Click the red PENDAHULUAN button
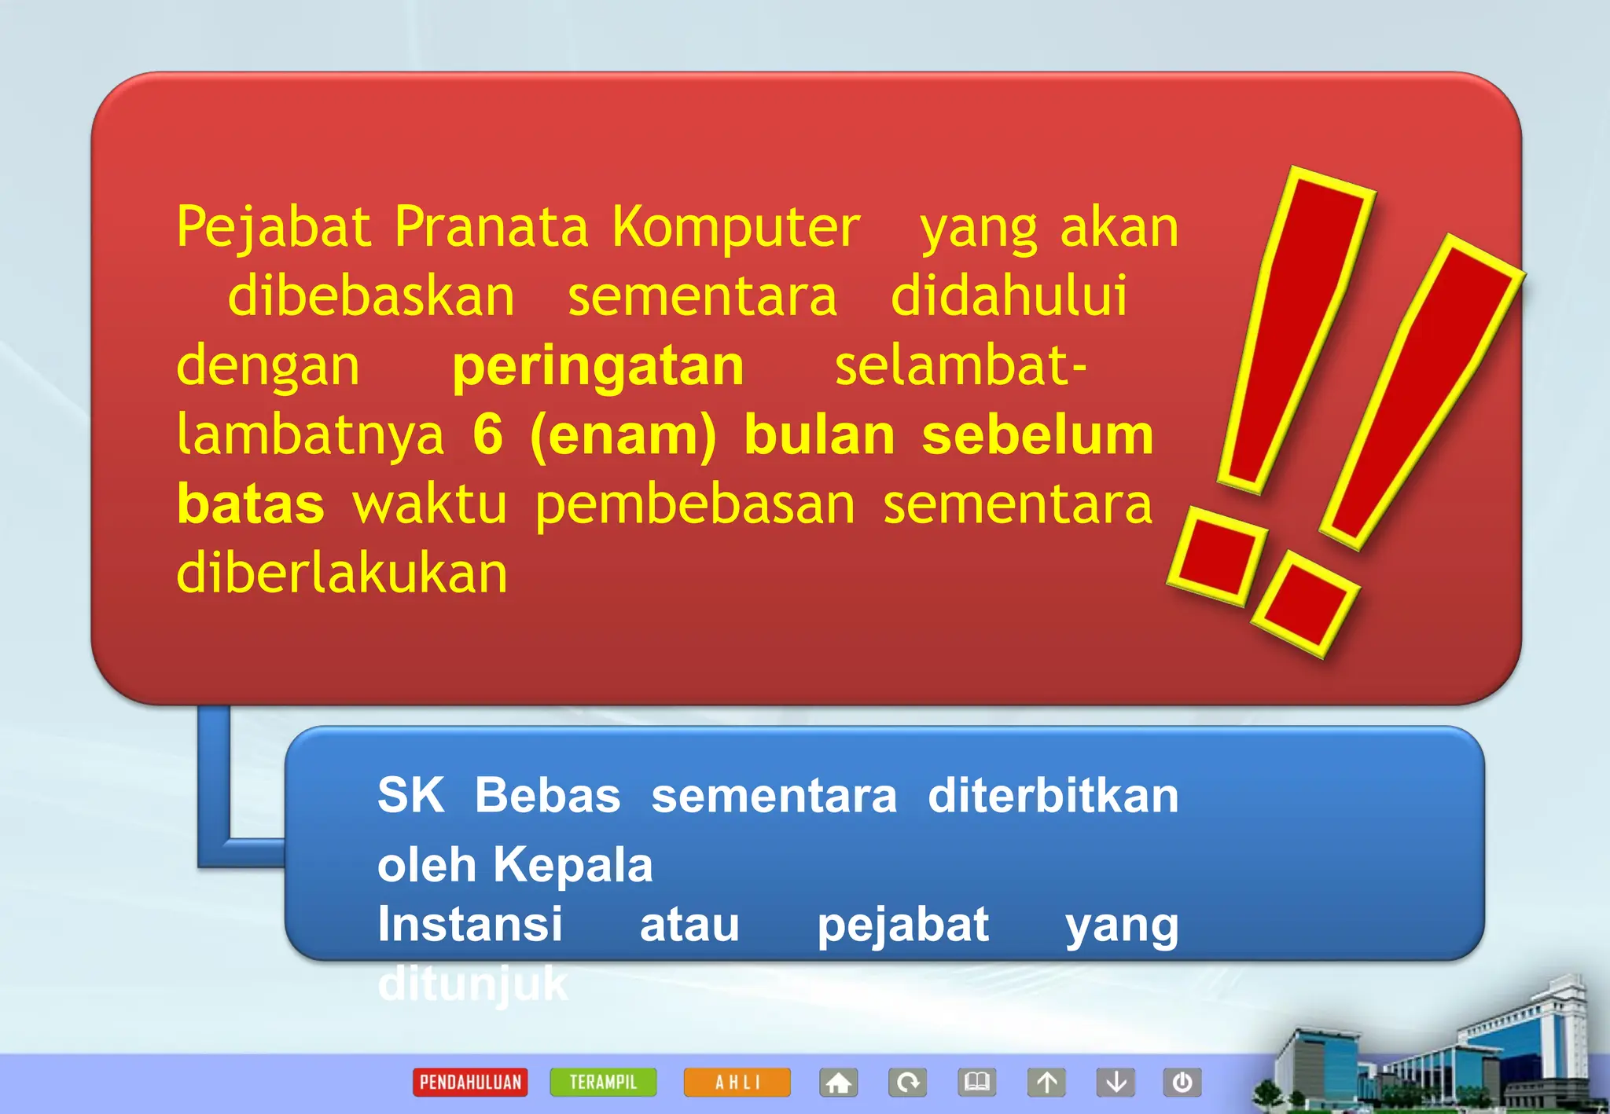pos(470,1082)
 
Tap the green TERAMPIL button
pos(603,1082)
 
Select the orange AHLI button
pos(737,1082)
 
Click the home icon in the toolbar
pos(838,1082)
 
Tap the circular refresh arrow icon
pos(908,1082)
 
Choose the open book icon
pos(977,1082)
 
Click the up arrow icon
pos(1046,1082)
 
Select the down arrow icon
pos(1116,1082)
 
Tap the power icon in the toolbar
pos(1182,1082)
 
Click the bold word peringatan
pos(597,368)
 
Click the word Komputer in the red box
pos(736,229)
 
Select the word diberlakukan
pos(342,573)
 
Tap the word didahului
pos(1009,296)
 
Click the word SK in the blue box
pos(410,795)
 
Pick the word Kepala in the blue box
pos(573,865)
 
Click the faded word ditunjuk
pos(472,984)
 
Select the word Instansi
pos(470,924)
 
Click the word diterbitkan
pos(1053,795)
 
